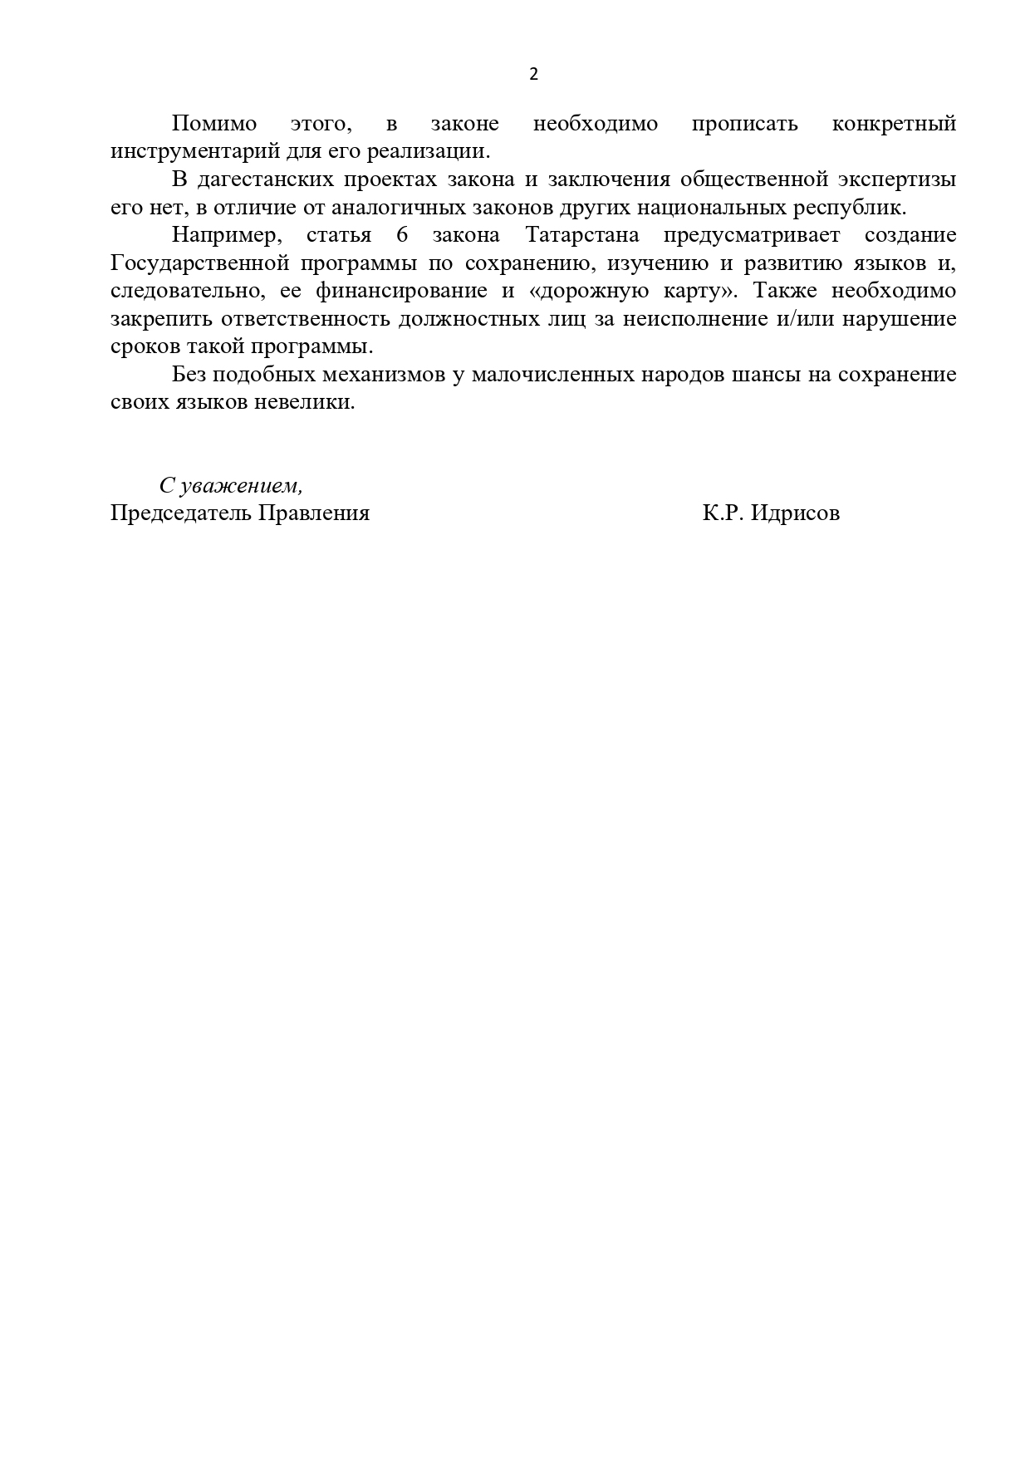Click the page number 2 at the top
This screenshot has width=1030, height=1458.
pyautogui.click(x=533, y=75)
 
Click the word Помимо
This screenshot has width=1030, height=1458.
pyautogui.click(x=214, y=125)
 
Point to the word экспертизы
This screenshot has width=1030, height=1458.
pyautogui.click(x=900, y=179)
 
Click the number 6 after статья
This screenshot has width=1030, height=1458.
pyautogui.click(x=403, y=235)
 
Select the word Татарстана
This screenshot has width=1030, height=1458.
pyautogui.click(x=582, y=235)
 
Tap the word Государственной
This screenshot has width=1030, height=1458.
pyautogui.click(x=199, y=263)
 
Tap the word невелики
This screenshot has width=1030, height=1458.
pyautogui.click(x=316, y=402)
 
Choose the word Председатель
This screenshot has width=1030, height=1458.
pyautogui.click(x=180, y=513)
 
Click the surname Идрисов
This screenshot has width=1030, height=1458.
pyautogui.click(x=795, y=513)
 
